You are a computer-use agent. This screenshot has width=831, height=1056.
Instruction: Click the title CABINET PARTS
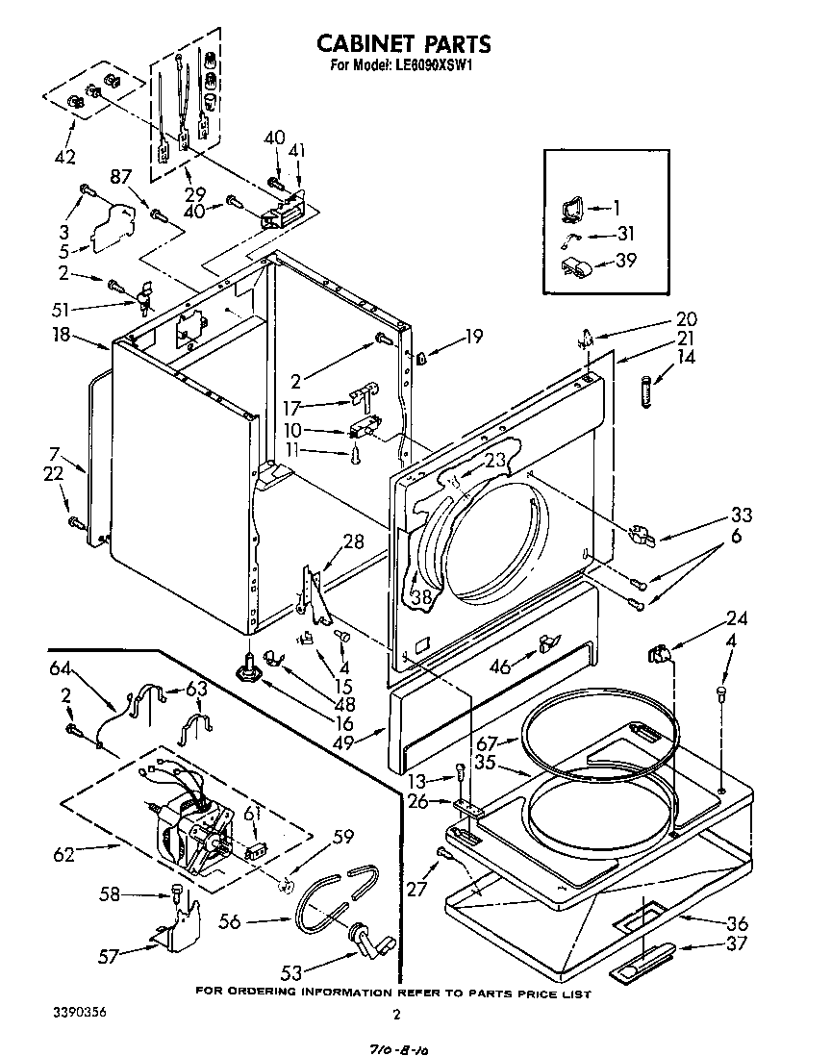tap(404, 43)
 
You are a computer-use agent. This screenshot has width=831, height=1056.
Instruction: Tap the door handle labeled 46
tap(549, 643)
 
